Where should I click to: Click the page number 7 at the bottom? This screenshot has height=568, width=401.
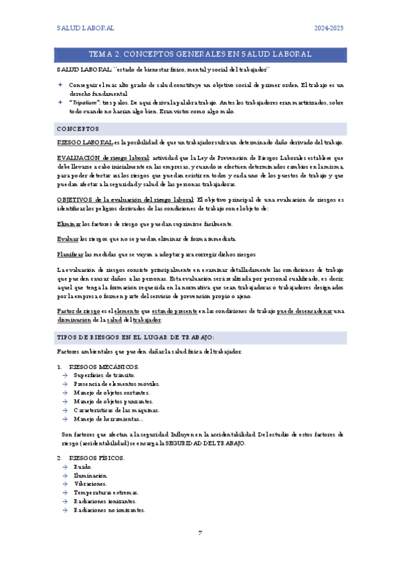[x=200, y=533]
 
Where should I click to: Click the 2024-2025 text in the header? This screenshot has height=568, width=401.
[x=329, y=28]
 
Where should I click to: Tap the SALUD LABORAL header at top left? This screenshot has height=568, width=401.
[x=85, y=28]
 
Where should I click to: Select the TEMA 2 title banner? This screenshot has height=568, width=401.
[x=200, y=54]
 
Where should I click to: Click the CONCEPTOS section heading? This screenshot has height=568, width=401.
[x=78, y=128]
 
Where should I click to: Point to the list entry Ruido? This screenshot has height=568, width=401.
[x=84, y=466]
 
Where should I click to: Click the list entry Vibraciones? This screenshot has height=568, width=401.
[x=91, y=484]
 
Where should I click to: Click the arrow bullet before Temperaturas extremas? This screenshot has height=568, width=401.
[x=64, y=492]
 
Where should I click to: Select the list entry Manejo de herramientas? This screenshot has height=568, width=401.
[x=108, y=419]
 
